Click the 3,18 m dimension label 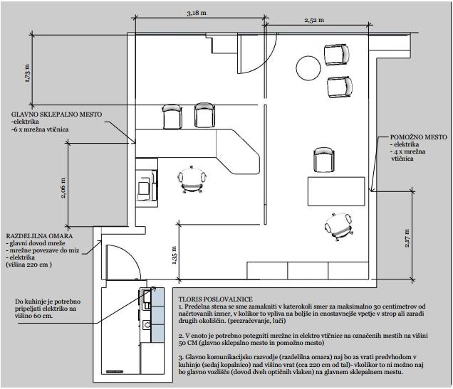click(197, 14)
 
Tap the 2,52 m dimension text click(314, 20)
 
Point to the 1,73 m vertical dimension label click(27, 73)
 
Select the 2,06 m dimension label click(63, 188)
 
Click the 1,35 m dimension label click(175, 255)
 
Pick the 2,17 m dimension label click(407, 238)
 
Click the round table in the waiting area click(308, 68)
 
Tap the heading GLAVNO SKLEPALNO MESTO click(57, 114)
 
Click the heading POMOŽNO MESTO click(419, 137)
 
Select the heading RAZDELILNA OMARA click(39, 236)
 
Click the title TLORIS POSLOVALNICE click(216, 299)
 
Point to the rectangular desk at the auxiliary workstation click(336, 191)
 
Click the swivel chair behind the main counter click(192, 180)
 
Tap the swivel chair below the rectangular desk click(338, 227)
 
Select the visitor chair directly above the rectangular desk click(324, 160)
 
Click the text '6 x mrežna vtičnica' click(40, 129)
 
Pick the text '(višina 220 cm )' click(29, 265)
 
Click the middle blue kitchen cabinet click(157, 315)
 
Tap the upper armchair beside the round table click(337, 55)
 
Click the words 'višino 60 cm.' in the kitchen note click(34, 316)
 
